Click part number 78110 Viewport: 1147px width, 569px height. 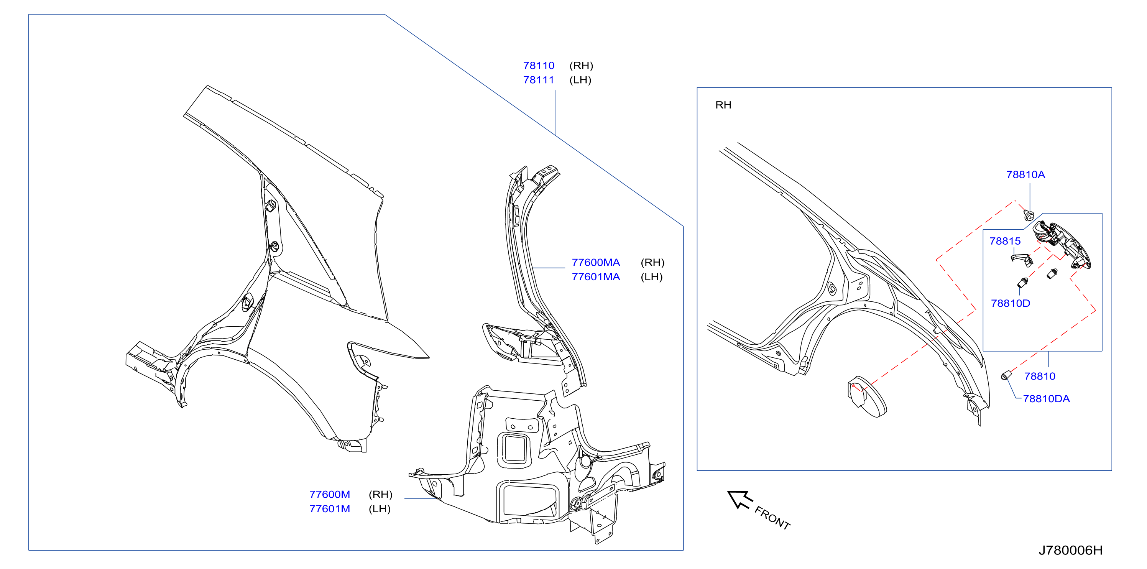pyautogui.click(x=538, y=66)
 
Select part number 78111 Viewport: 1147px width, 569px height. pyautogui.click(x=538, y=80)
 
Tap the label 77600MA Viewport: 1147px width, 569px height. pyautogui.click(x=595, y=262)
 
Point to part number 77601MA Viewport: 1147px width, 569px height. pyautogui.click(x=595, y=276)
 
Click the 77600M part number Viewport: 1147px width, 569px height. pyautogui.click(x=330, y=494)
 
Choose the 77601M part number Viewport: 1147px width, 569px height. pyautogui.click(x=330, y=508)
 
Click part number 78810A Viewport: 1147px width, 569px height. pyautogui.click(x=1025, y=174)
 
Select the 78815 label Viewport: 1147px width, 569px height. pyautogui.click(x=1005, y=241)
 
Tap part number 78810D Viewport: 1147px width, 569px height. pyautogui.click(x=1010, y=303)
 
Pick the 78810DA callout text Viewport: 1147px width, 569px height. pyautogui.click(x=1046, y=398)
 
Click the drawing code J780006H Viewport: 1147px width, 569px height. pyautogui.click(x=1070, y=550)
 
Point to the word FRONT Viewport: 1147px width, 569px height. pyautogui.click(x=772, y=518)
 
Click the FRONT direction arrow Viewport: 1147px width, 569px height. pyautogui.click(x=740, y=499)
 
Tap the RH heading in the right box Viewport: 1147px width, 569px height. pyautogui.click(x=723, y=105)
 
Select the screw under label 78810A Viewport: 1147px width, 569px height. pyautogui.click(x=1029, y=215)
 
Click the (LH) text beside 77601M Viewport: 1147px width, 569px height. pyautogui.click(x=380, y=508)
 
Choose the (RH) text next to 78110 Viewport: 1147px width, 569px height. pyautogui.click(x=581, y=66)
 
